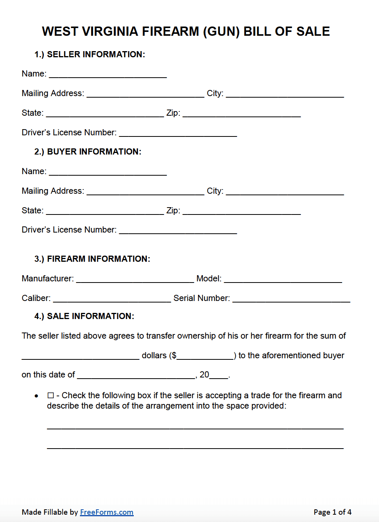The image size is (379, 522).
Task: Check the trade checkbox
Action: (51, 396)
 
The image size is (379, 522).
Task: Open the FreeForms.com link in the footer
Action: (106, 512)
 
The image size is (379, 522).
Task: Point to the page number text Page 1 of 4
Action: (332, 512)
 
